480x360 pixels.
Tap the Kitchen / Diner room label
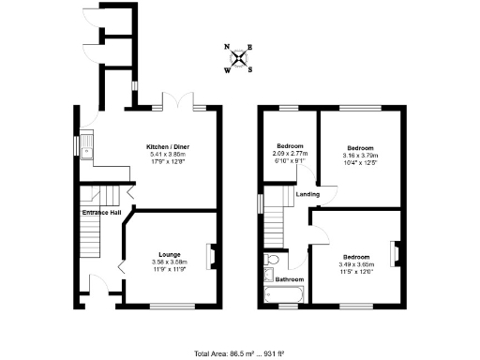click(x=168, y=147)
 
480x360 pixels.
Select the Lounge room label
click(x=169, y=254)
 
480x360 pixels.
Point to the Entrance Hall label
click(x=101, y=214)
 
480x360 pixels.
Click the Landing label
click(x=307, y=194)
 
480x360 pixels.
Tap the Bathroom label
click(x=289, y=279)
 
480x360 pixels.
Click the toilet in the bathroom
click(x=272, y=260)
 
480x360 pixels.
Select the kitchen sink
click(x=85, y=148)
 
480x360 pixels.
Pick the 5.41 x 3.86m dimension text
click(x=168, y=154)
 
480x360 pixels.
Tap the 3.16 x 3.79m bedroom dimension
click(x=360, y=155)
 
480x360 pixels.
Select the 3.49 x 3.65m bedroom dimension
click(x=355, y=263)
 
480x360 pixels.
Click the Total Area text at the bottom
click(x=240, y=352)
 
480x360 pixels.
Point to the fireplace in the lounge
click(x=213, y=255)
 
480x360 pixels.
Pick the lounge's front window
click(x=170, y=305)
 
